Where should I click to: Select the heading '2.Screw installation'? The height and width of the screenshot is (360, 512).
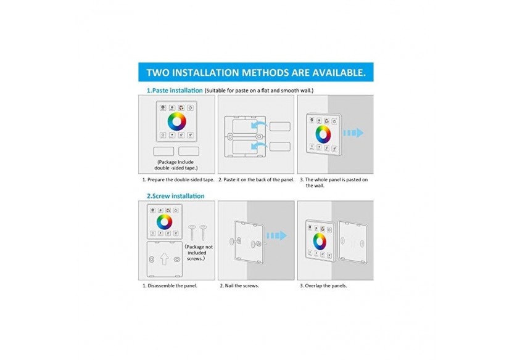click(x=175, y=196)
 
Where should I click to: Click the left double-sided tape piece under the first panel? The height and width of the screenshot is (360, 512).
click(x=163, y=151)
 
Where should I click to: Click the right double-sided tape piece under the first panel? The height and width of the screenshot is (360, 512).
click(x=189, y=151)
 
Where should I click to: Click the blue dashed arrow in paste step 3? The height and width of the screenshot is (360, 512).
click(x=353, y=133)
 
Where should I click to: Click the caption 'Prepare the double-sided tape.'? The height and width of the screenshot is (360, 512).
click(x=179, y=180)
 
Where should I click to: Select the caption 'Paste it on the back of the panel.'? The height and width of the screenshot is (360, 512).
click(x=254, y=180)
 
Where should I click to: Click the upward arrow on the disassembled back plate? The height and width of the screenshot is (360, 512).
click(x=164, y=259)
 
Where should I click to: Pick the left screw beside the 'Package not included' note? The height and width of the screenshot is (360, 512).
click(x=192, y=233)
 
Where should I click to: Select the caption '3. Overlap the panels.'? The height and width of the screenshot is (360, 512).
click(x=323, y=286)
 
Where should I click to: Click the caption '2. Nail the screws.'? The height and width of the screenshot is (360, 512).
click(x=239, y=286)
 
